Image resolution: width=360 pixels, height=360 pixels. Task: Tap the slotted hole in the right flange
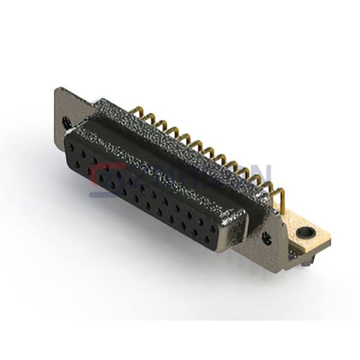pos(268,233)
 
